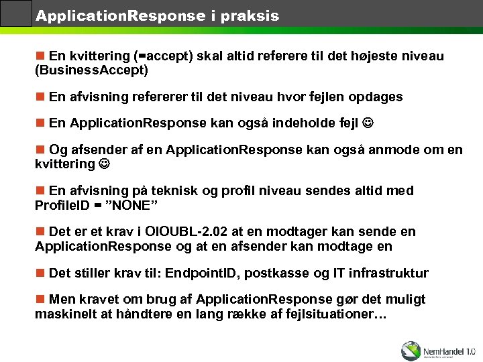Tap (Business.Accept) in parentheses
click(x=91, y=70)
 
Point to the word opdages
click(x=375, y=97)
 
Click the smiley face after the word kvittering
click(x=105, y=164)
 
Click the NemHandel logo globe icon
click(x=411, y=350)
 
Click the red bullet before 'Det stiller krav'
click(x=40, y=273)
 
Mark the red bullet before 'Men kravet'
click(x=40, y=300)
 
